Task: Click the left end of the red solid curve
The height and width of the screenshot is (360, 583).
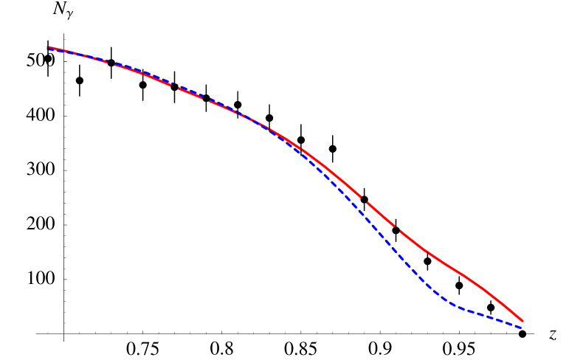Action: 49,47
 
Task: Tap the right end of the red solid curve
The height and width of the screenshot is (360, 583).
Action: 522,322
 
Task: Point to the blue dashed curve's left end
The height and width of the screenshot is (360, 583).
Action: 49,49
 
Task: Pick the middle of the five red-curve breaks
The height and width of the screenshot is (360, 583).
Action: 204,97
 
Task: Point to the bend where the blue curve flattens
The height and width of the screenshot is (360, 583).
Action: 452,304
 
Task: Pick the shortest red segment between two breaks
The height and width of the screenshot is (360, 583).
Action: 189,91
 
